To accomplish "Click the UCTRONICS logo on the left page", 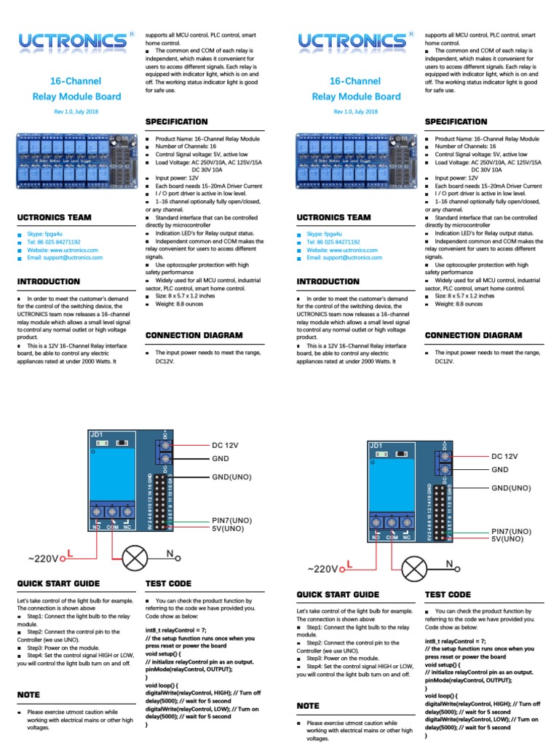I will [71, 42].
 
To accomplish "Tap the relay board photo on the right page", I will [355, 164].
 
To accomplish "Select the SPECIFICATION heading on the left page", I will [176, 122].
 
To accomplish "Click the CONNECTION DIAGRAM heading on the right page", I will [473, 335].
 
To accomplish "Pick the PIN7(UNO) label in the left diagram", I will [232, 521].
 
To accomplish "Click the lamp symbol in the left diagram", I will [134, 559].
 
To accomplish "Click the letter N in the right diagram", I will [449, 564].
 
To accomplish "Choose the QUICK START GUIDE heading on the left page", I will [58, 584].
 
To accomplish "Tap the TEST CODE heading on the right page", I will [448, 595].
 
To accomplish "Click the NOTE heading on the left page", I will [29, 696].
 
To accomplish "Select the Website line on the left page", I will [63, 249].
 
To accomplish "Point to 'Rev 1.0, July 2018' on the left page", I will [76, 111].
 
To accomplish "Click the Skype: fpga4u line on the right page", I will [326, 234].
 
